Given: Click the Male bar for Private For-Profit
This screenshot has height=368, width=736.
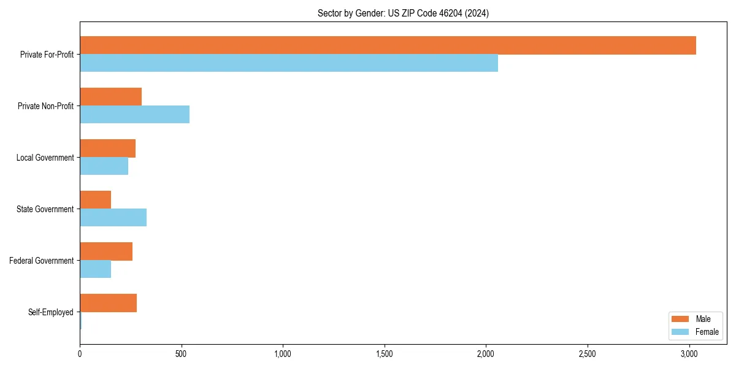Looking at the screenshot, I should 388,45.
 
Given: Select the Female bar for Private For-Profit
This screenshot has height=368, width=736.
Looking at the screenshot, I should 288,63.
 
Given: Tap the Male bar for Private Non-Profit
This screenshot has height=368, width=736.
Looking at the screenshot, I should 110,97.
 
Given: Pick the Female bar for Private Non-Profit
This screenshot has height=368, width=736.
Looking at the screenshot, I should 134,115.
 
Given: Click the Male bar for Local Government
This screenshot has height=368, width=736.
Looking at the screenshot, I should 107,148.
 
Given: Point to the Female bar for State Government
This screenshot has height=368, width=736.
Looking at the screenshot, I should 113,218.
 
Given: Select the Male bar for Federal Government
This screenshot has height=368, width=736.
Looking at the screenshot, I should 106,251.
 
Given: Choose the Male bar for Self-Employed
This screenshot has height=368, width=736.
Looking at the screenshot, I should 108,303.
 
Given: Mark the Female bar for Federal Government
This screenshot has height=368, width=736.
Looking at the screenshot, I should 95,269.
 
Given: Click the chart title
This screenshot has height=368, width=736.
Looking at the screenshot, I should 403,13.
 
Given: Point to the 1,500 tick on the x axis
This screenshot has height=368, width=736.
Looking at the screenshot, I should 385,354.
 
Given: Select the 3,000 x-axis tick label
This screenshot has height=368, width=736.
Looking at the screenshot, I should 689,354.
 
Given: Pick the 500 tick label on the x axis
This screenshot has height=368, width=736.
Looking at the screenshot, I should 181,354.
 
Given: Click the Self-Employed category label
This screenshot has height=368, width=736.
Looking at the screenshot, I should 51,312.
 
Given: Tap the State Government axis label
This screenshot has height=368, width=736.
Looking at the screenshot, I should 45,209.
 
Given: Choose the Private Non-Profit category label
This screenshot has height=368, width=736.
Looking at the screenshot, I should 45,106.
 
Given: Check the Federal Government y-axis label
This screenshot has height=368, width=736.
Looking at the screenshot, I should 42,261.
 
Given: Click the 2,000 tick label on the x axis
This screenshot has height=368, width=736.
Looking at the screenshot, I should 486,354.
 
